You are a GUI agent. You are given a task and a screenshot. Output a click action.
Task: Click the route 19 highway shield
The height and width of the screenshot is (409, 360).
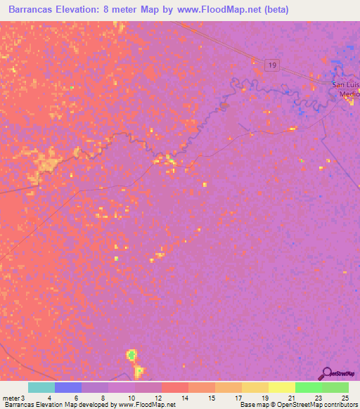coord(272,65)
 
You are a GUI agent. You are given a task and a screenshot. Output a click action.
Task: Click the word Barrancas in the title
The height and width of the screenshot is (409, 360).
coord(34,10)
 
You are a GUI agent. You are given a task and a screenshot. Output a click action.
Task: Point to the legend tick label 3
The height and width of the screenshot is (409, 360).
coord(23,398)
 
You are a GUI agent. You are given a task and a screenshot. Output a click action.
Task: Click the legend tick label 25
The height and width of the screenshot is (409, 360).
coord(345,398)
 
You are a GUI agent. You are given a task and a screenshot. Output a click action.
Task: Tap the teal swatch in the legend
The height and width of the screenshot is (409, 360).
coord(41,387)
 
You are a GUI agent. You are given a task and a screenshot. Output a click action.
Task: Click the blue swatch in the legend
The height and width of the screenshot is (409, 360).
coord(68,387)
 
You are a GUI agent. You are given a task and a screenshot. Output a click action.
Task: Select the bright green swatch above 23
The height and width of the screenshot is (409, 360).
coord(308,387)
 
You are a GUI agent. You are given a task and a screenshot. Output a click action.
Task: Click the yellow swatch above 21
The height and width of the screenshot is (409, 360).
coord(281,387)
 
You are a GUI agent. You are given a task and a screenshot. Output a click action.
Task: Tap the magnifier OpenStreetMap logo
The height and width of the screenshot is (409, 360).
coord(326,373)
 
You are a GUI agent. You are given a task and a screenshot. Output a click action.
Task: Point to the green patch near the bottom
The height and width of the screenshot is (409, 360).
coord(131,355)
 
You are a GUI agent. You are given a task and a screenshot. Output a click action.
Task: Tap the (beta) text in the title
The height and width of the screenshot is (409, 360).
coord(274,10)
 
